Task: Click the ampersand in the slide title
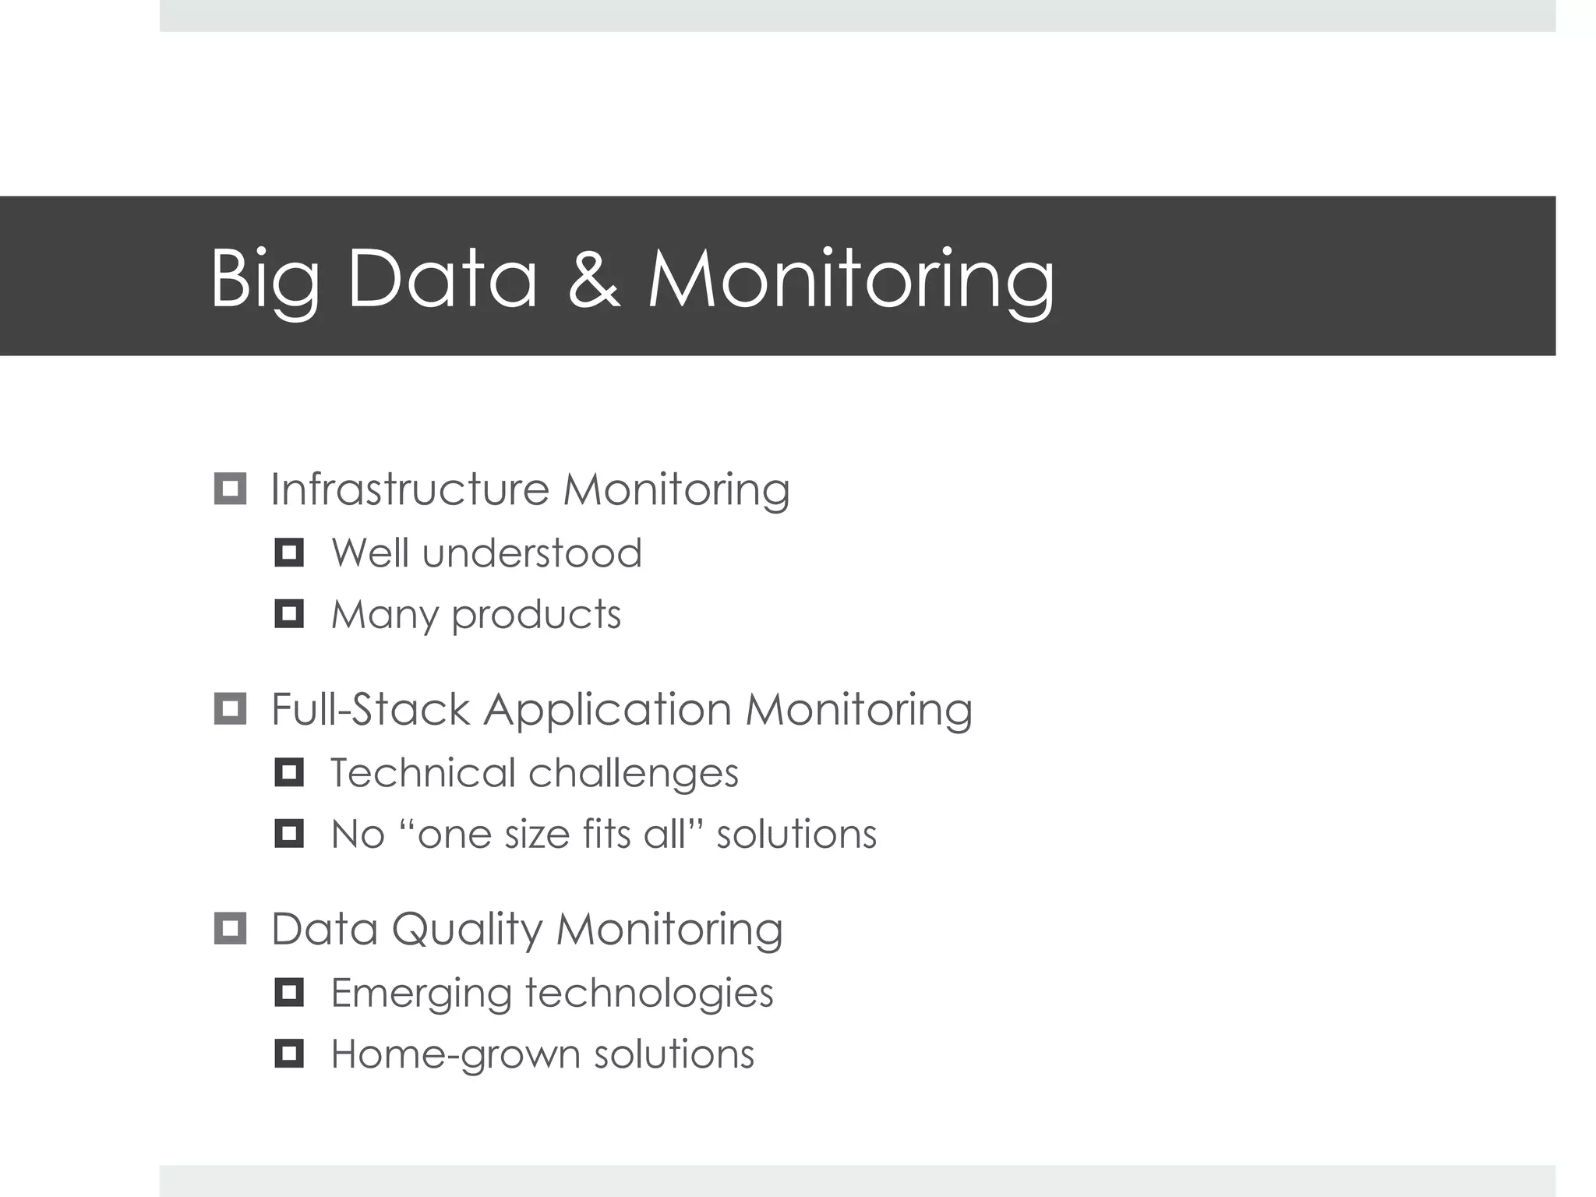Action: [594, 278]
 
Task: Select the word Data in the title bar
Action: [443, 278]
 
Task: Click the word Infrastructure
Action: [410, 489]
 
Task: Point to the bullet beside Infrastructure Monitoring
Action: [230, 489]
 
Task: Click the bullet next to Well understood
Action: [289, 553]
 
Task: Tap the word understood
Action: [532, 553]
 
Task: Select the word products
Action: [536, 616]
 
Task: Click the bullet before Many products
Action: [289, 614]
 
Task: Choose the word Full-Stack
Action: [370, 709]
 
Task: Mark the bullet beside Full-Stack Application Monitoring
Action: [230, 709]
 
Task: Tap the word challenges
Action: [634, 773]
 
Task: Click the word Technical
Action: [422, 773]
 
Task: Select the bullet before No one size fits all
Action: [289, 834]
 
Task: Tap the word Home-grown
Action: [455, 1054]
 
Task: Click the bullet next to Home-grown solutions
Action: [289, 1054]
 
